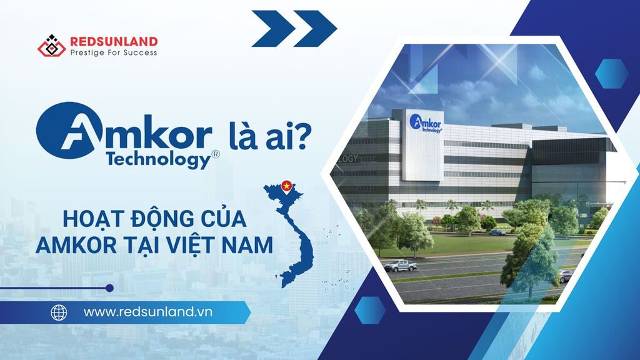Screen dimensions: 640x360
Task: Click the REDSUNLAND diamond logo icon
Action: tap(51, 45)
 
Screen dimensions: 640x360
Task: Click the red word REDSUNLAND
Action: tap(114, 42)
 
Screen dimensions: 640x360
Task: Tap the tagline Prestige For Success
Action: tap(114, 52)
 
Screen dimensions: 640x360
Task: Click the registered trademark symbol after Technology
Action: tap(216, 154)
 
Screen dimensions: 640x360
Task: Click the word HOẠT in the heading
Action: tap(92, 219)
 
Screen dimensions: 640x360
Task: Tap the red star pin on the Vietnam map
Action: tap(287, 186)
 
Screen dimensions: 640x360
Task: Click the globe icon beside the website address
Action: tap(59, 312)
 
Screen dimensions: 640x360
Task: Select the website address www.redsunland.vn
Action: tap(147, 312)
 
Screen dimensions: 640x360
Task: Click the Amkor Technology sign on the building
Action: tap(425, 123)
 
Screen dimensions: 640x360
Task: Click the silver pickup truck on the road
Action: tap(401, 266)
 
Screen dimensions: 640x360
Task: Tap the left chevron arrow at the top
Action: tap(273, 28)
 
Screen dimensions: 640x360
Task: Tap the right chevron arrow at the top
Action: tap(316, 28)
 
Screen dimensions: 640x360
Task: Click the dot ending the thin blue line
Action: tap(109, 288)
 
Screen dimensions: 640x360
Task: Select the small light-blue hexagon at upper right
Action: tap(611, 74)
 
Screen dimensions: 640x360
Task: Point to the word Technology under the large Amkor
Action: tap(158, 159)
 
